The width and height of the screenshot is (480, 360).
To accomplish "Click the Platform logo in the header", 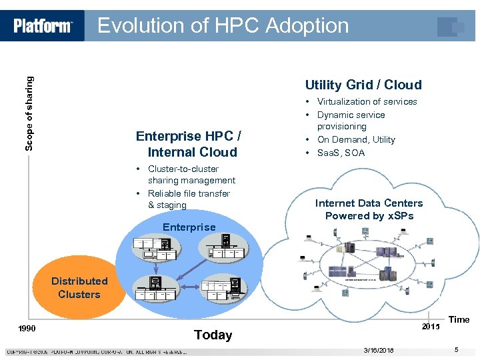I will click(43, 26).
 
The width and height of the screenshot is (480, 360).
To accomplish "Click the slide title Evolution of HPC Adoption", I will click(223, 25).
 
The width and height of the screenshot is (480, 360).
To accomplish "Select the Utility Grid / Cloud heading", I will click(363, 85).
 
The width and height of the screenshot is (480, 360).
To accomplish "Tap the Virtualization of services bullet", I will click(367, 102).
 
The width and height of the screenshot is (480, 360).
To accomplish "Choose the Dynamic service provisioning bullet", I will click(351, 121).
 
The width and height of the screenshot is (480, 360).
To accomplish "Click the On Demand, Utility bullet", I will click(356, 139).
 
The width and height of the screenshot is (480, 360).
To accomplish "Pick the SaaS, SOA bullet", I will click(341, 153).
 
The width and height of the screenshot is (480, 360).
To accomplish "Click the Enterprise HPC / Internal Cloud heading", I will click(189, 144).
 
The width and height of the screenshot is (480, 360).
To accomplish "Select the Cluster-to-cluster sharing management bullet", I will click(191, 175).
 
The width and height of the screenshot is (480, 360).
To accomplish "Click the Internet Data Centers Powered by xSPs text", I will click(369, 209).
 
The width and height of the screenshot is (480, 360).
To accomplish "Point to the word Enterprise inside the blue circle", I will click(189, 227).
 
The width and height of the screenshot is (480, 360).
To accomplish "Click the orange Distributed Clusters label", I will click(79, 288).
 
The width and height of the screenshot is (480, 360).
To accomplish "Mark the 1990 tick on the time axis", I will click(27, 329).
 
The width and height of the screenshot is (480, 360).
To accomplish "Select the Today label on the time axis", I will click(213, 335).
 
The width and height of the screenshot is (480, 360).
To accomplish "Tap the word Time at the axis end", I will click(459, 319).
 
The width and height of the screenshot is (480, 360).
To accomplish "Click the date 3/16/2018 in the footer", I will click(379, 350).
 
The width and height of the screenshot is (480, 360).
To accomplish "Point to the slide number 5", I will click(456, 350).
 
